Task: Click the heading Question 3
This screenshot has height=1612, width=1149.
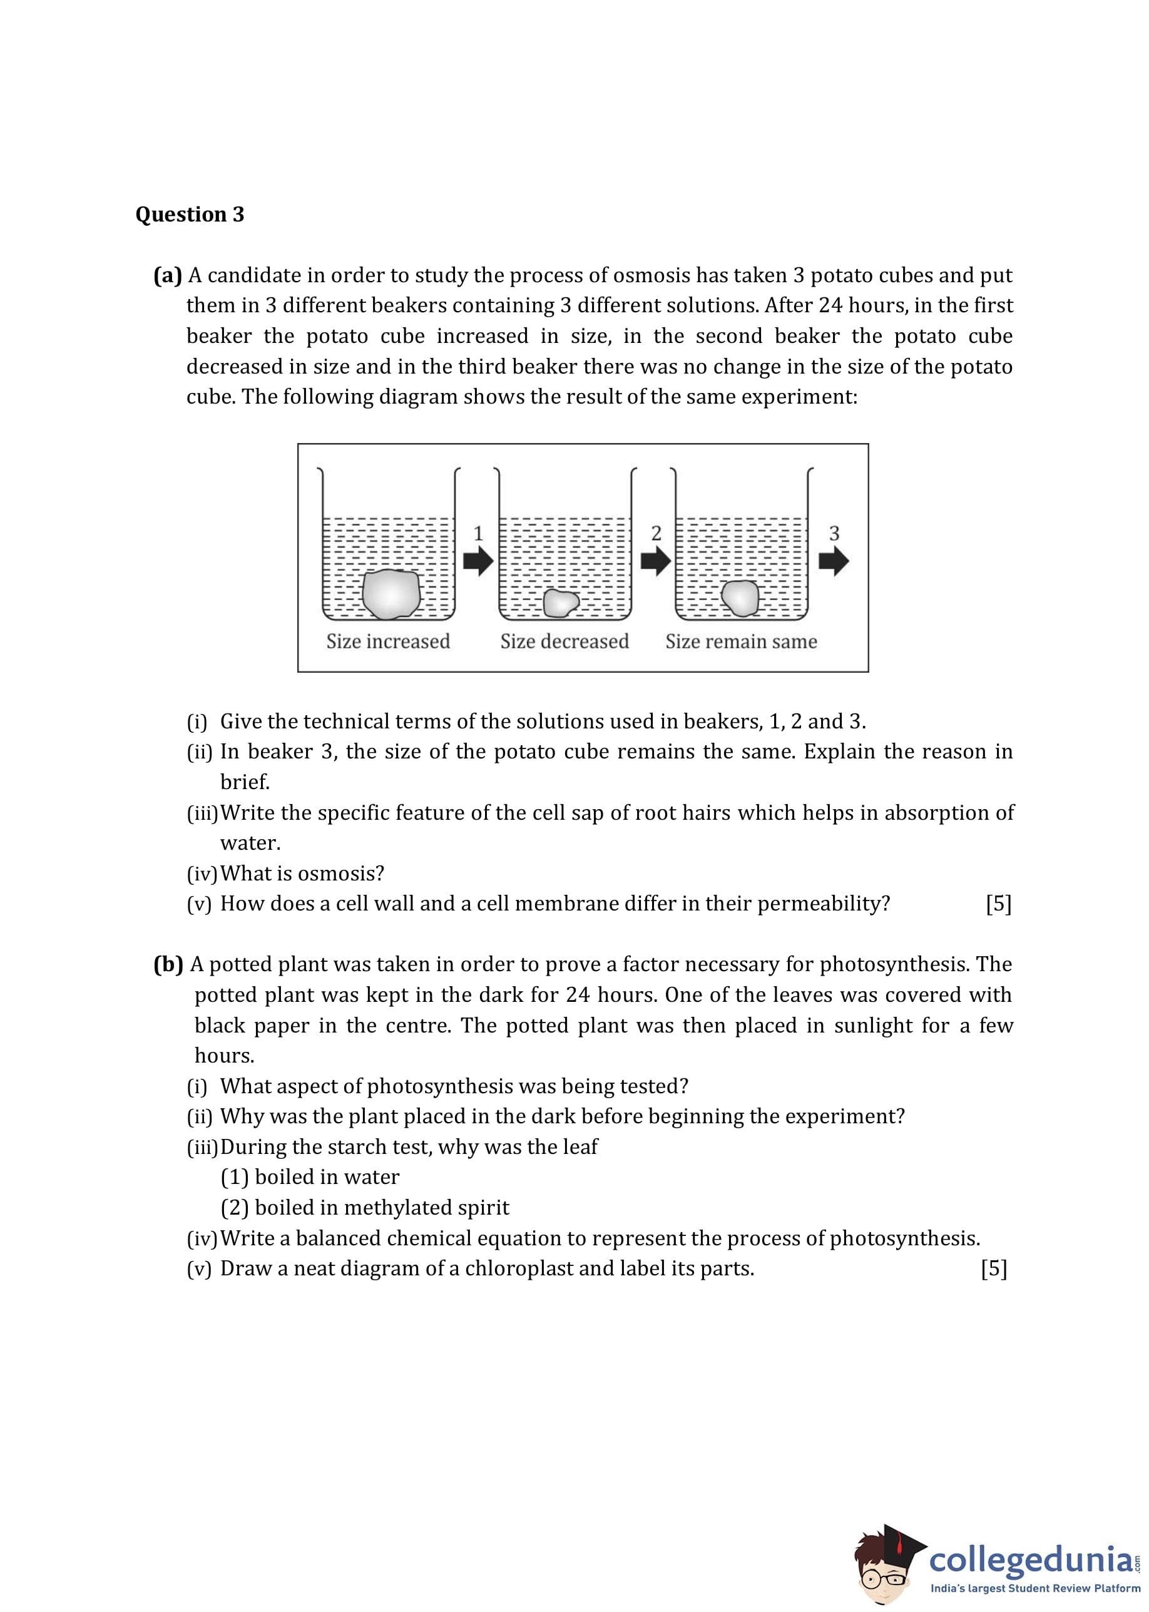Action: point(190,214)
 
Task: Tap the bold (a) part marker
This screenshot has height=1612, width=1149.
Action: point(168,275)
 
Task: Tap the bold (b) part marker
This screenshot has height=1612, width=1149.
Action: point(168,964)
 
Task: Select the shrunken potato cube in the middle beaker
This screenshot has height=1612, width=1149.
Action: point(560,603)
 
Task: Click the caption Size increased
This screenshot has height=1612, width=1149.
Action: point(388,641)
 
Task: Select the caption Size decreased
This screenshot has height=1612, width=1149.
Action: point(564,641)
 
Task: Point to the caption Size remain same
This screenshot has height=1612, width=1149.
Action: point(741,641)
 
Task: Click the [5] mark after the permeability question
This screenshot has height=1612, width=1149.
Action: point(998,904)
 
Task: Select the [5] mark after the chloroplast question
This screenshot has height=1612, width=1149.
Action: point(993,1269)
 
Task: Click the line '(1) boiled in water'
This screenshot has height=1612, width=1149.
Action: point(310,1177)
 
